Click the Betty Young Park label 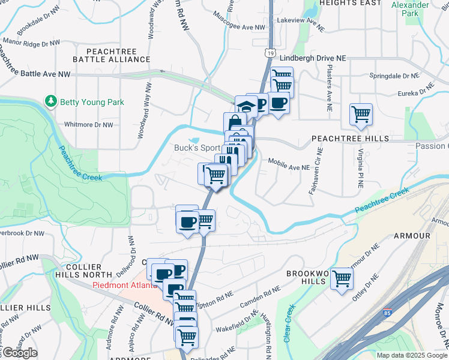click(x=92, y=102)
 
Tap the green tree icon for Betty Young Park click(x=52, y=101)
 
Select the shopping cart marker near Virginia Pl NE click(x=361, y=114)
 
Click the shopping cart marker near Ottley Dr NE click(x=342, y=278)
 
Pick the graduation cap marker click(x=246, y=106)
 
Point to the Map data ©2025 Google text click(x=411, y=355)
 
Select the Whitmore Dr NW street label click(x=89, y=125)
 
